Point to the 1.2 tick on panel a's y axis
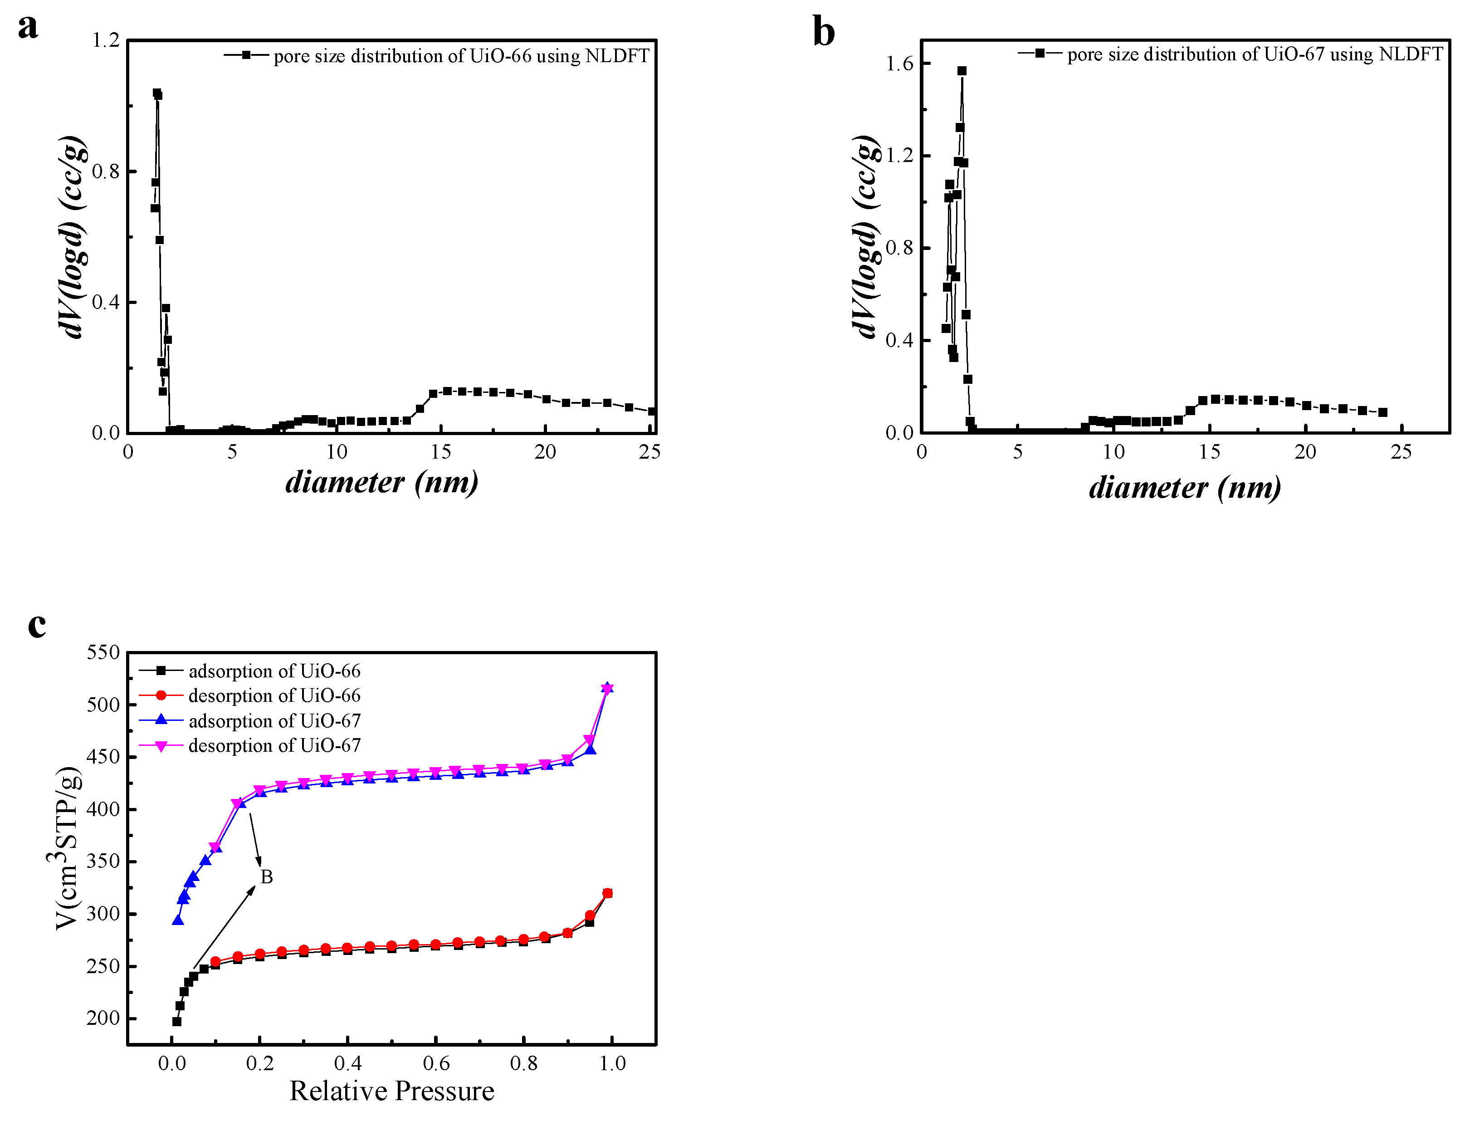(105, 40)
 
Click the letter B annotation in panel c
(266, 876)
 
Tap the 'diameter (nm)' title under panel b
(1184, 487)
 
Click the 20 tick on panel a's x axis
(545, 452)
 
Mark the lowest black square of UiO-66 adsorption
(177, 1022)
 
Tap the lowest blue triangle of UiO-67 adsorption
(178, 920)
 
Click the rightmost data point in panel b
(1382, 412)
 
